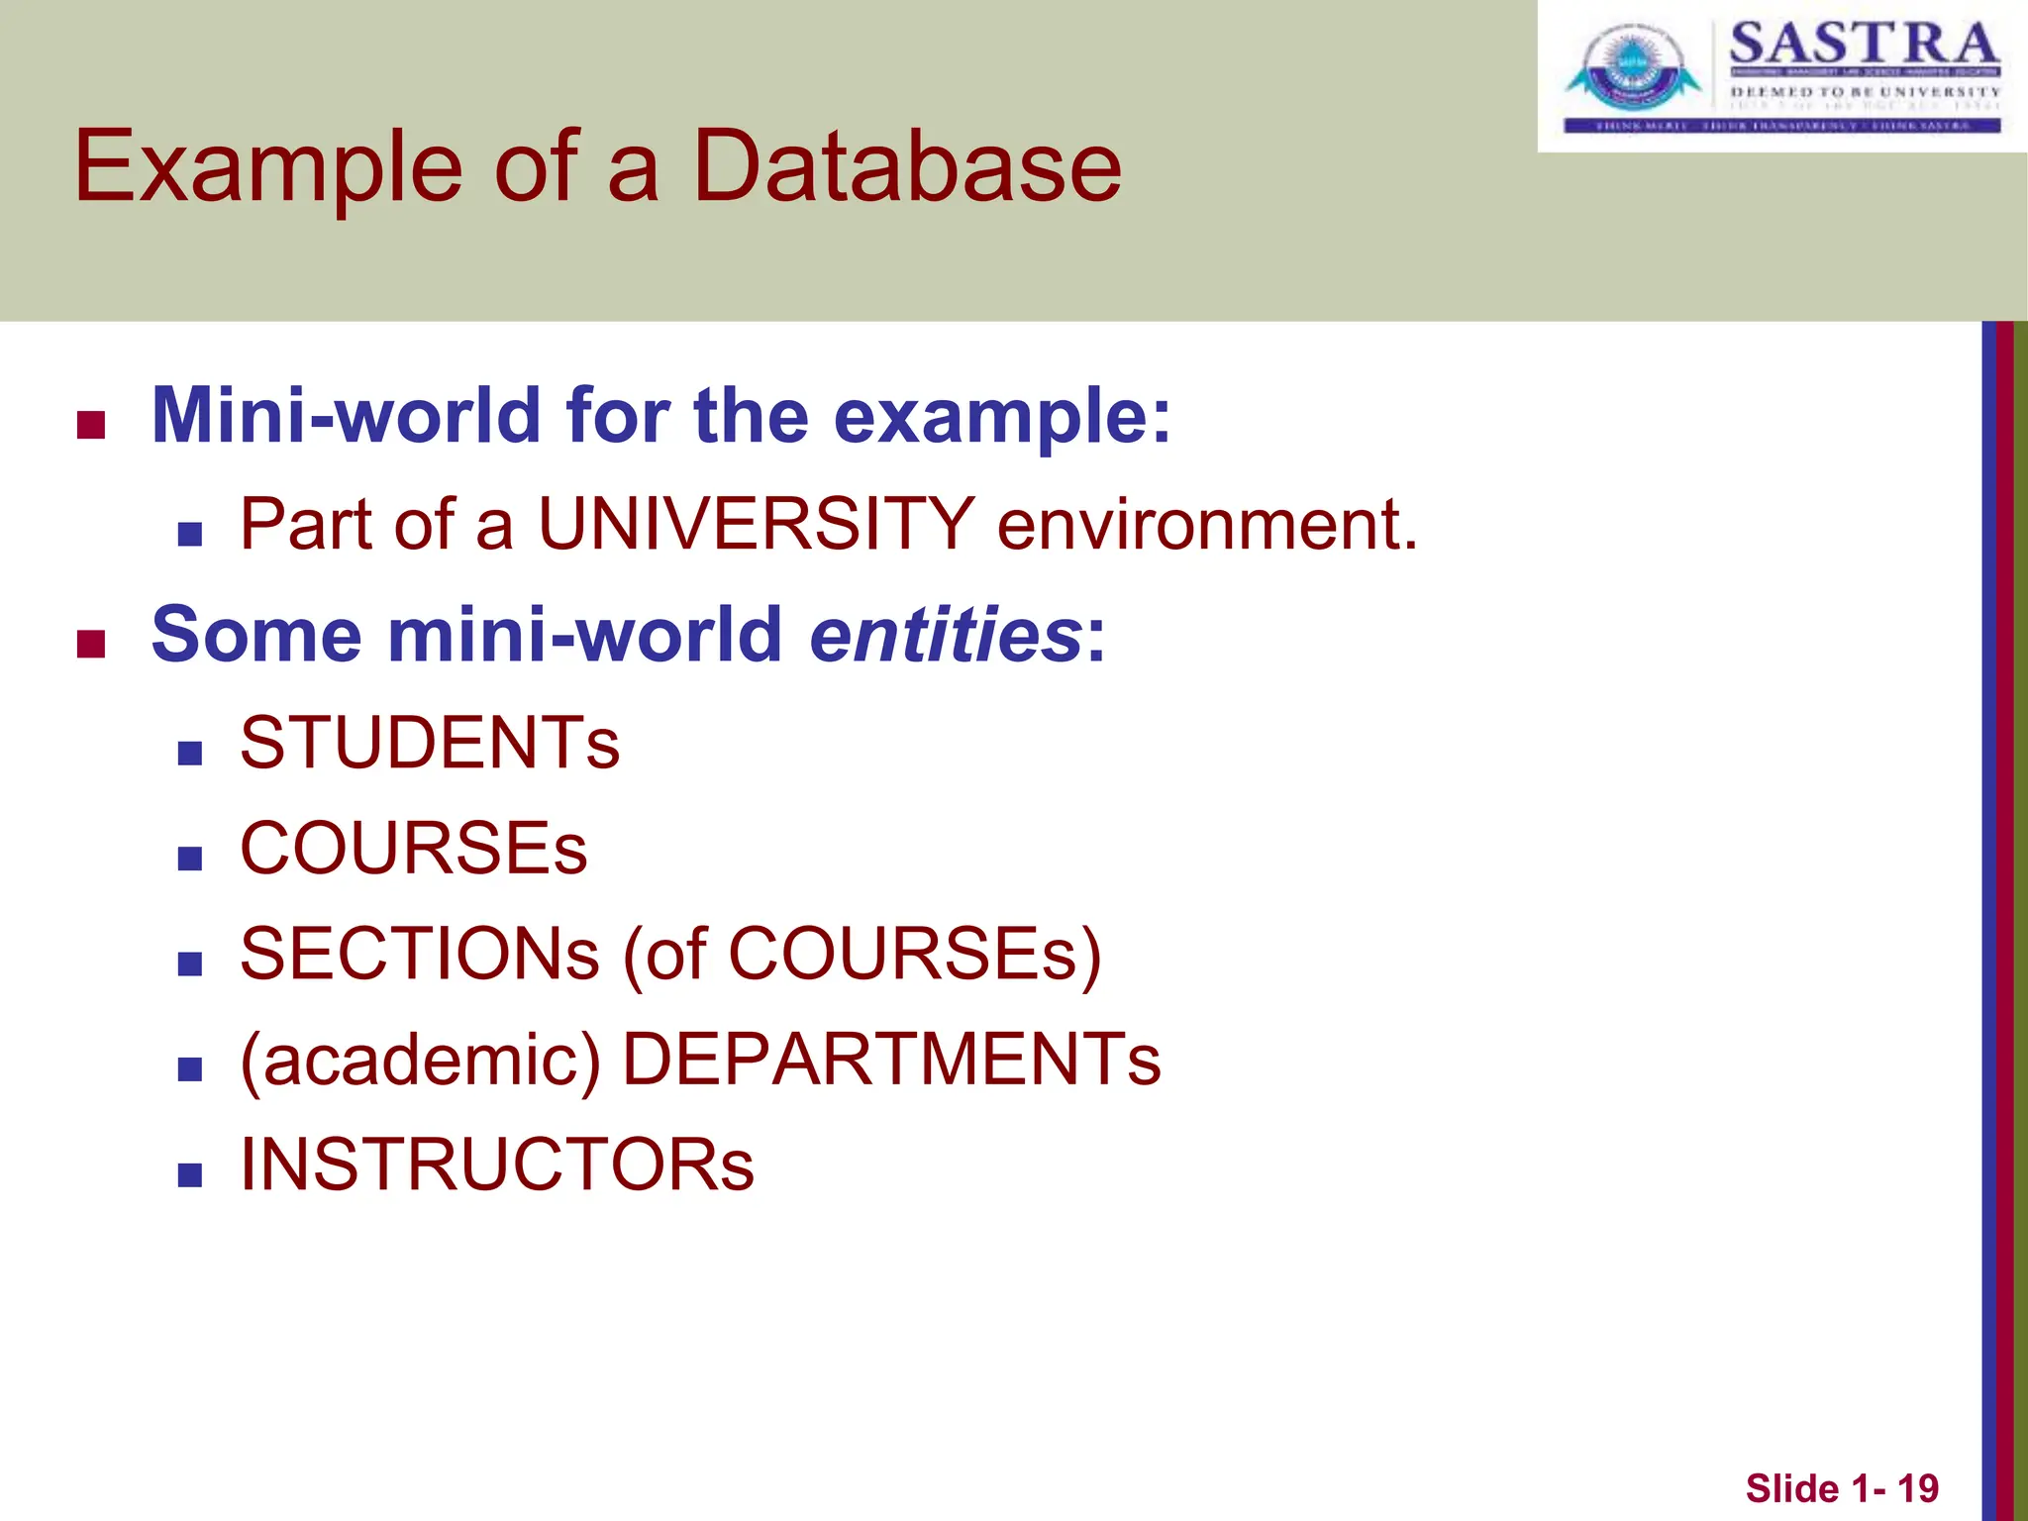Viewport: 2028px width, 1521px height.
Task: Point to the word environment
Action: pyautogui.click(x=1207, y=524)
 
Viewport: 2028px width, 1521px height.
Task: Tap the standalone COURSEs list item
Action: pyautogui.click(x=414, y=849)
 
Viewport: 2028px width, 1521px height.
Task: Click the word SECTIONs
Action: pyautogui.click(x=420, y=955)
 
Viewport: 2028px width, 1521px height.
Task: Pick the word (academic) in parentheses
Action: pyautogui.click(x=420, y=1061)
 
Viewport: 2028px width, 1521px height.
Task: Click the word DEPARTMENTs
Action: pyautogui.click(x=891, y=1060)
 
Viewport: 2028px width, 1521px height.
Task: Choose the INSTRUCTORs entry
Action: pyautogui.click(x=497, y=1165)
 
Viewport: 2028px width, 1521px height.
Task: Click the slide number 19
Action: pyautogui.click(x=1917, y=1488)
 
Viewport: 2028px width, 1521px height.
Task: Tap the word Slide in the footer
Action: pyautogui.click(x=1791, y=1488)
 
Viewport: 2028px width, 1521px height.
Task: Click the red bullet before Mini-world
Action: pyautogui.click(x=91, y=426)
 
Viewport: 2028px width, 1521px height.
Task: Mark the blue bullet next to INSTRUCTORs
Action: pyautogui.click(x=190, y=1175)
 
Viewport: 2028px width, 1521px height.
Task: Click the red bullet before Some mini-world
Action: pyautogui.click(x=91, y=645)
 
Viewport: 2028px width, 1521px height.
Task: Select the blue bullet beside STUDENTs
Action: pyautogui.click(x=190, y=754)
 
